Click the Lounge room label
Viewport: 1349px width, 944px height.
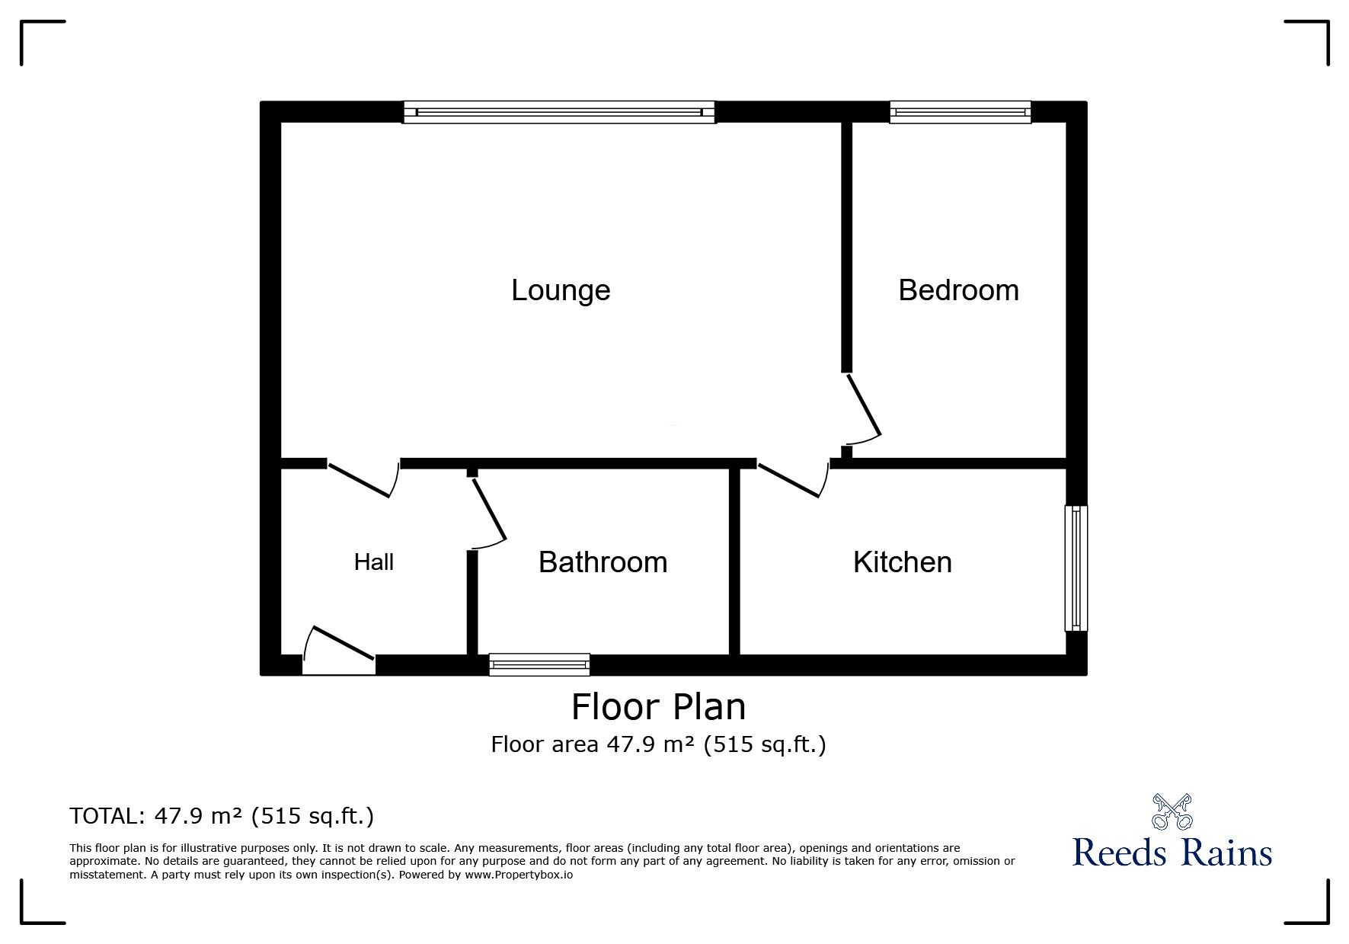(x=561, y=290)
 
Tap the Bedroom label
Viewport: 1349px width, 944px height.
(x=958, y=290)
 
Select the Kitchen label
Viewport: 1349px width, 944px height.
(x=902, y=562)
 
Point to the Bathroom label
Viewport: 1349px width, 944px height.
(x=603, y=562)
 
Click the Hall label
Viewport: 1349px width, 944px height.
(x=373, y=562)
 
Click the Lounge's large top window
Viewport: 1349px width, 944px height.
(x=559, y=112)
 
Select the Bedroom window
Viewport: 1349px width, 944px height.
(x=960, y=112)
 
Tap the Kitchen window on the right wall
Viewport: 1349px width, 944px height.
(x=1076, y=568)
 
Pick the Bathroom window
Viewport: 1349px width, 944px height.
(x=539, y=664)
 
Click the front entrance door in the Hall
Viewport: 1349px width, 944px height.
(x=339, y=648)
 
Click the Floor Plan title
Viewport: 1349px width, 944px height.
(x=658, y=706)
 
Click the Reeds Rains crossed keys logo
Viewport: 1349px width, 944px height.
(x=1172, y=811)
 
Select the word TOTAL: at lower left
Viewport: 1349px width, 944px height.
(x=105, y=817)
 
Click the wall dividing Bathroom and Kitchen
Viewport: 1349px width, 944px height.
(x=734, y=561)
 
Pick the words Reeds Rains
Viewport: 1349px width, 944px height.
(x=1172, y=852)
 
